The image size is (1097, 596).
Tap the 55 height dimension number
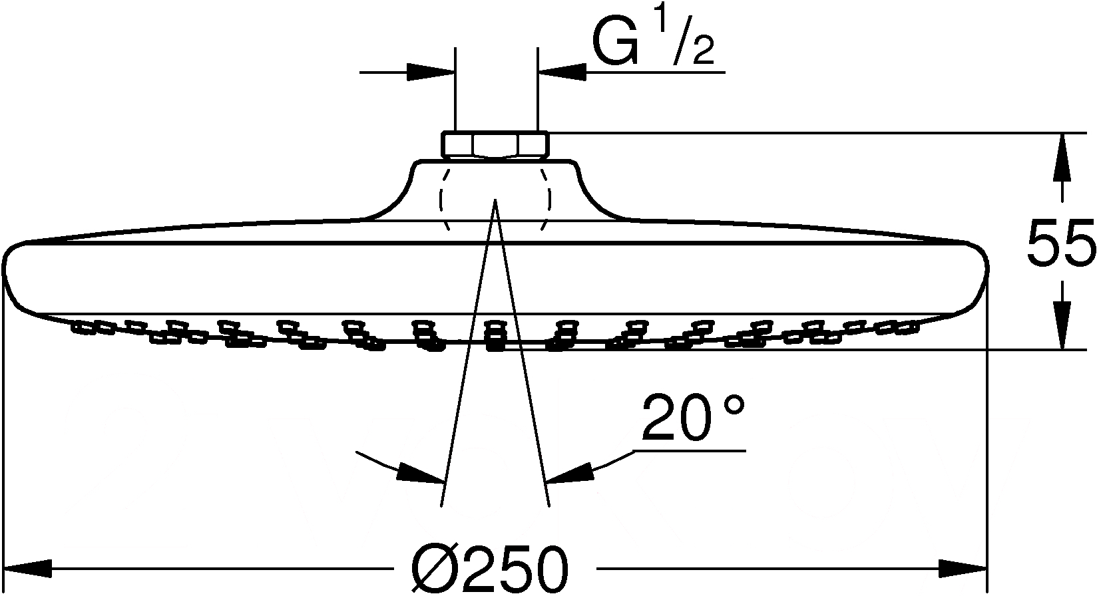[1060, 243]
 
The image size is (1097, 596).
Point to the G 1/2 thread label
[653, 43]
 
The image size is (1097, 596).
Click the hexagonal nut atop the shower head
[495, 145]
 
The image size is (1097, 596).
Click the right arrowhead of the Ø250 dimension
[963, 569]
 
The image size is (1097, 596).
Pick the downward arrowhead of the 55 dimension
[1062, 325]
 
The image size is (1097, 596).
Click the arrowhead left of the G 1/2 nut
[431, 73]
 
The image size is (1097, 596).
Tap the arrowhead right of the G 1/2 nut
[562, 73]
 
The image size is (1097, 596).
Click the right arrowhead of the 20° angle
[570, 472]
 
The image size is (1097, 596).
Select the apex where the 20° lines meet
[495, 199]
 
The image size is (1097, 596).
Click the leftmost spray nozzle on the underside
[81, 327]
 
